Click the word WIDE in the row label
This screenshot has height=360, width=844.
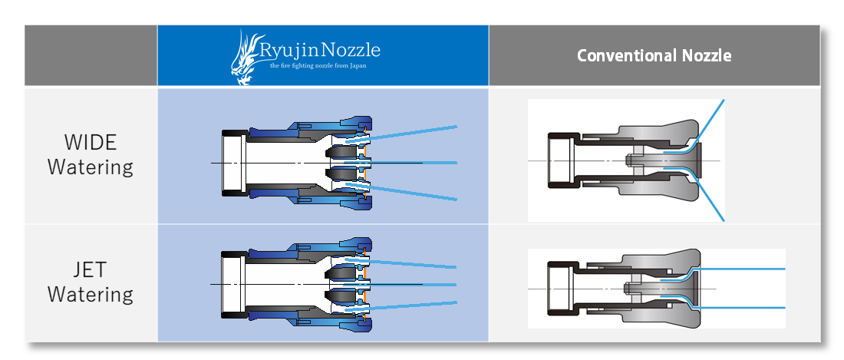pyautogui.click(x=90, y=144)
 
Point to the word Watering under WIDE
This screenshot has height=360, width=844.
pyautogui.click(x=90, y=167)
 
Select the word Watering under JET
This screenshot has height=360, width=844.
pyautogui.click(x=90, y=294)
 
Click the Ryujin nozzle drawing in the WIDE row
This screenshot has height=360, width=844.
pyautogui.click(x=295, y=163)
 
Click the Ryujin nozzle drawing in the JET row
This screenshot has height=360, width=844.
pyautogui.click(x=295, y=284)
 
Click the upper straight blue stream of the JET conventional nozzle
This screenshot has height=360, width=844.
pyautogui.click(x=744, y=269)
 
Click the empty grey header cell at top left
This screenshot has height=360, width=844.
pyautogui.click(x=91, y=55)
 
